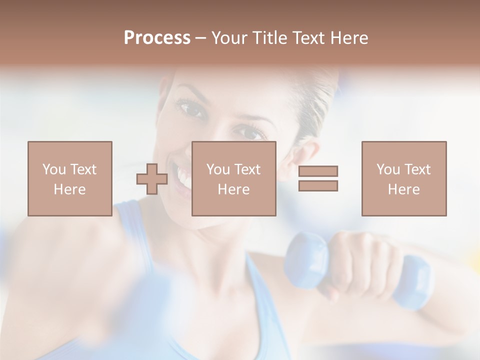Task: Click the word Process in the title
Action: click(x=157, y=38)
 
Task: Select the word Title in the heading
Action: click(x=271, y=38)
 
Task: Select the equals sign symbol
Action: click(x=318, y=178)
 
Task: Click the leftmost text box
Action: click(x=70, y=178)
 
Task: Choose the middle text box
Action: click(x=234, y=178)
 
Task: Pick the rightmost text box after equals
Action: click(x=404, y=178)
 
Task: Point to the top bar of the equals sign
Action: click(x=318, y=171)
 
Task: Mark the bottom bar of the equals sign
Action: click(x=318, y=185)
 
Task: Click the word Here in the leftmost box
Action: click(x=70, y=189)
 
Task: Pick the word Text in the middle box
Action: click(x=248, y=169)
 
